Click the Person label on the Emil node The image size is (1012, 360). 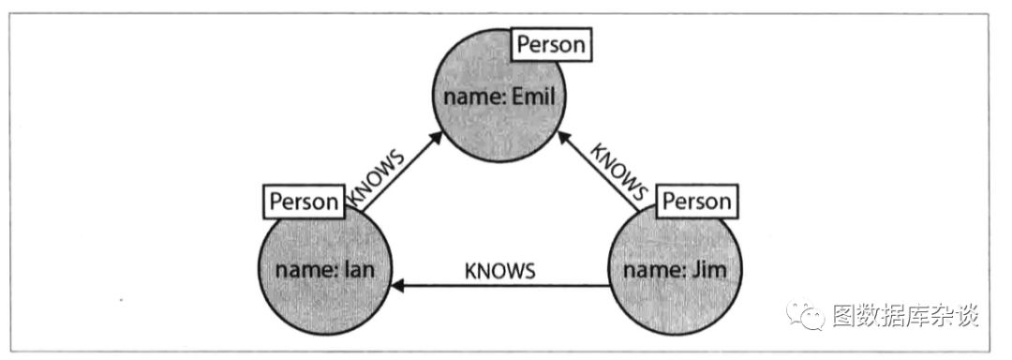click(x=552, y=44)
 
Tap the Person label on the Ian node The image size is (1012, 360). click(x=304, y=202)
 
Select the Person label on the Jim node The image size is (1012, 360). click(x=697, y=202)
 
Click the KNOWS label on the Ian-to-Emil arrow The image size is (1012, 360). click(x=376, y=179)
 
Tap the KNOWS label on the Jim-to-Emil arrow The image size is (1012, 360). click(x=619, y=171)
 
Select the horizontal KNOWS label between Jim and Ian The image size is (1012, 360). click(x=500, y=271)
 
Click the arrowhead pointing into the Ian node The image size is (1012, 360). click(x=399, y=285)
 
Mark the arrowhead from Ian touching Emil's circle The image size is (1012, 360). click(x=437, y=139)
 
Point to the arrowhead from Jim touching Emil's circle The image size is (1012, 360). click(x=565, y=139)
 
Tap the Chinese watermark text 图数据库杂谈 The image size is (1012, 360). click(x=905, y=316)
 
